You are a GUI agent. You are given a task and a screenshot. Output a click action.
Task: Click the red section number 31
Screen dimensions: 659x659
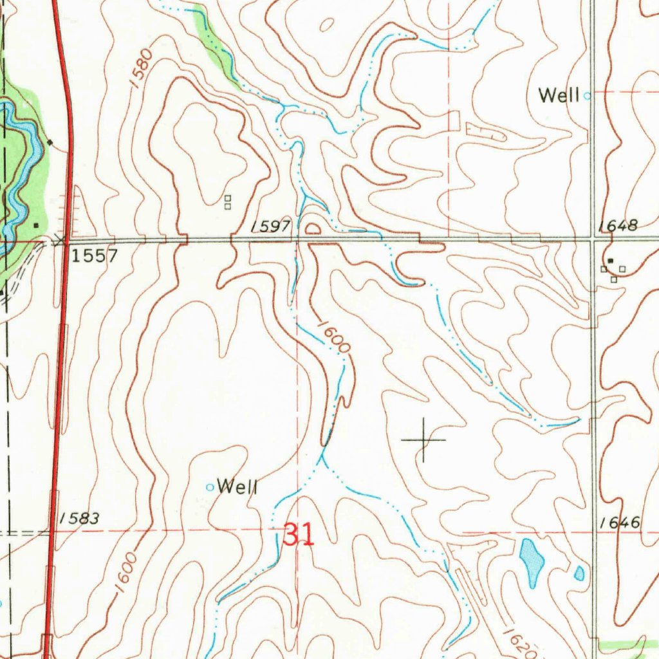(x=299, y=535)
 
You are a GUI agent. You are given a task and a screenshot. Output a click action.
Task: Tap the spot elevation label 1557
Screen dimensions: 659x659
(x=95, y=256)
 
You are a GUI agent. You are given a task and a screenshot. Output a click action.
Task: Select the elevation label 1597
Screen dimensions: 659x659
(x=271, y=226)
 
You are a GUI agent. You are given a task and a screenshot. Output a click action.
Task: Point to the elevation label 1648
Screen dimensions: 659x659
(x=617, y=226)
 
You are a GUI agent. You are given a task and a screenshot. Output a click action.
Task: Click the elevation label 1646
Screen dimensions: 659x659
(x=619, y=523)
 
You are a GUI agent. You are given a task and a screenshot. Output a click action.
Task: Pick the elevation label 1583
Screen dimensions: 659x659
(x=78, y=518)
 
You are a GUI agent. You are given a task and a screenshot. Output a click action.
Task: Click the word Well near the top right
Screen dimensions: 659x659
(x=559, y=96)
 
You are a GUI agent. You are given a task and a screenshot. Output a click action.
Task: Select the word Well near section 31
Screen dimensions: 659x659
(x=237, y=487)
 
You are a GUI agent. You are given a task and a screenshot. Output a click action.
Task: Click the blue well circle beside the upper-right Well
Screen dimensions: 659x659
(x=587, y=96)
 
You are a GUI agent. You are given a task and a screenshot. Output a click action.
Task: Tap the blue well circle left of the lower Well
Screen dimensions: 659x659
(x=209, y=487)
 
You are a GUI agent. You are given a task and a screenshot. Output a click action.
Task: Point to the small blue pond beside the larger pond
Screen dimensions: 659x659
(x=579, y=573)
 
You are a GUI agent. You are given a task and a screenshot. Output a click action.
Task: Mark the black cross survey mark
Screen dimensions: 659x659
(x=423, y=440)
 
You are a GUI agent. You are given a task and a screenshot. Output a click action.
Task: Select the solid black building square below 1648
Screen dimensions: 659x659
(x=610, y=261)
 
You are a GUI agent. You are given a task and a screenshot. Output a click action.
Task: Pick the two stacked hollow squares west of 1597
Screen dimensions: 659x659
(x=227, y=203)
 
